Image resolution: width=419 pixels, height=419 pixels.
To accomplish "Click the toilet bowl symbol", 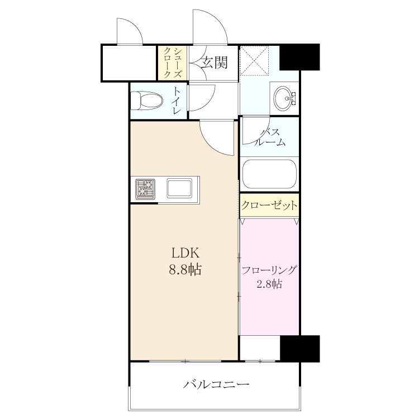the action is pyautogui.click(x=147, y=101).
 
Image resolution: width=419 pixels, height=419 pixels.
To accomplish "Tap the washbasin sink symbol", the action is pyautogui.click(x=284, y=98).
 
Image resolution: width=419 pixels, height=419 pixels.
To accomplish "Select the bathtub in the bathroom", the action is pyautogui.click(x=269, y=174).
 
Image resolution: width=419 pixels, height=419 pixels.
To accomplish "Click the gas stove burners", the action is pyautogui.click(x=145, y=189).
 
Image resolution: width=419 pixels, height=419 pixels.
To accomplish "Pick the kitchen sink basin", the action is pyautogui.click(x=179, y=188).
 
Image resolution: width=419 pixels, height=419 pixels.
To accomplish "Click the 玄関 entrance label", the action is pyautogui.click(x=215, y=63).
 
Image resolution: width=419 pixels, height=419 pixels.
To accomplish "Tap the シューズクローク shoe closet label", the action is pyautogui.click(x=173, y=63).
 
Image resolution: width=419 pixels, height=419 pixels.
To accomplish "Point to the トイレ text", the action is pyautogui.click(x=177, y=100).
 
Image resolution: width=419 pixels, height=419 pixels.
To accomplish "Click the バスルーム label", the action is pyautogui.click(x=270, y=137).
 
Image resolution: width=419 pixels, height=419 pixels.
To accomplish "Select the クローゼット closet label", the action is pyautogui.click(x=269, y=206).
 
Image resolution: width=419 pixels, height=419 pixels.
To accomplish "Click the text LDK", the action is pyautogui.click(x=185, y=253).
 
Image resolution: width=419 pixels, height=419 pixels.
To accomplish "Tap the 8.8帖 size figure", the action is pyautogui.click(x=185, y=269).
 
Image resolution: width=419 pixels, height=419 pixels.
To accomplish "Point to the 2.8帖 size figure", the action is pyautogui.click(x=269, y=284).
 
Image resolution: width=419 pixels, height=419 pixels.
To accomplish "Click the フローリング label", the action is pyautogui.click(x=269, y=270).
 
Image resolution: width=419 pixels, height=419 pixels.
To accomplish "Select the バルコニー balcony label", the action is pyautogui.click(x=216, y=385).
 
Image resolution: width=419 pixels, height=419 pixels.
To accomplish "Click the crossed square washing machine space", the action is pyautogui.click(x=254, y=61).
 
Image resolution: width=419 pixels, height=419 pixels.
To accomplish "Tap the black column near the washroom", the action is pyautogui.click(x=299, y=57).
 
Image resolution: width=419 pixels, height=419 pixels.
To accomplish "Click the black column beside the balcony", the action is pyautogui.click(x=300, y=349).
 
